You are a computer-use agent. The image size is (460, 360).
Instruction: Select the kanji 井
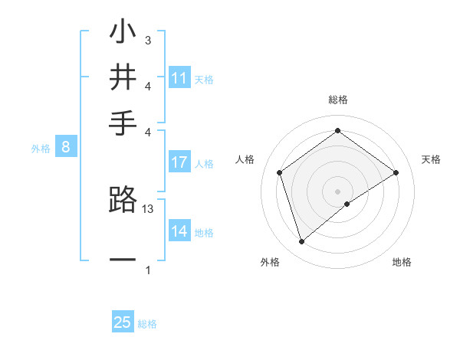pos(123,78)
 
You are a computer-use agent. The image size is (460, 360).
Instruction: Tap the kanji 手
pos(123,121)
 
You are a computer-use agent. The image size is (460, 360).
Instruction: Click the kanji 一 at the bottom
pos(123,260)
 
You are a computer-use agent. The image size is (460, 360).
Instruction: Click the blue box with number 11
pos(179,78)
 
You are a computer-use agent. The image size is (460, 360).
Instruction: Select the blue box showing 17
pos(179,162)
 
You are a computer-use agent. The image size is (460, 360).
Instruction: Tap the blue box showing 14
pos(179,231)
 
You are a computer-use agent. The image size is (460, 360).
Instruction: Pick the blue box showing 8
pos(66,148)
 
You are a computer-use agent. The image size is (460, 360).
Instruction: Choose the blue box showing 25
pos(123,322)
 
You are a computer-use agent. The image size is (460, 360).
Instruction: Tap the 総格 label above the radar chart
pos(337,100)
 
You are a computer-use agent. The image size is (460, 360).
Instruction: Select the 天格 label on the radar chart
pos(432,159)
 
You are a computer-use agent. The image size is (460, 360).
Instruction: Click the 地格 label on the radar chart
pos(402,262)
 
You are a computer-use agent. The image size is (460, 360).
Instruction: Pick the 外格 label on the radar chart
pos(270,262)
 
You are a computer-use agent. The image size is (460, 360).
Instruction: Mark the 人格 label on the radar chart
pos(245,159)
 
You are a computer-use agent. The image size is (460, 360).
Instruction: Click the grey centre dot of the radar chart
pos(337,191)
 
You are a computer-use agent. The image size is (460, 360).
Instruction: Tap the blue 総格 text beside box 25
pos(147,324)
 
